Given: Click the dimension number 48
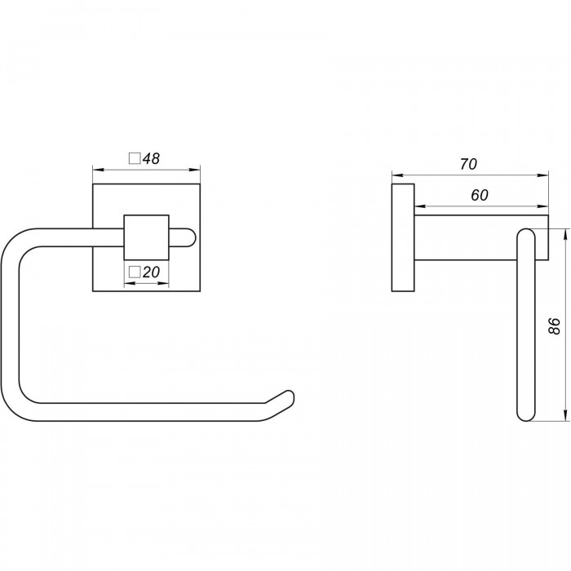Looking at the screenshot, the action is [x=151, y=159].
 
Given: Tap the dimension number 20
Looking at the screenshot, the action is [x=151, y=272].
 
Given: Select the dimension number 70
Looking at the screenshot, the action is [x=468, y=165].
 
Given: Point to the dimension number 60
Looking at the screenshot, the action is [x=480, y=196].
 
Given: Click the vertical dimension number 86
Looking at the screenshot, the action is [x=554, y=325].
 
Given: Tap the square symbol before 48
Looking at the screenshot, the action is [x=135, y=159].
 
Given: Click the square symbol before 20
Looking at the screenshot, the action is [x=135, y=272].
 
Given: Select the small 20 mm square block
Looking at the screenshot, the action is [x=146, y=237].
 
